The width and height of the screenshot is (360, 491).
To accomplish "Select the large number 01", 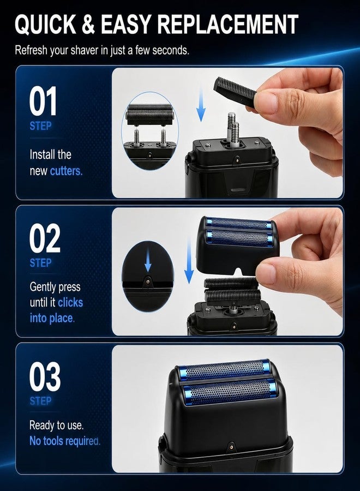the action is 43,101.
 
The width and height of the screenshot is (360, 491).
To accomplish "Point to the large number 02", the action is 44,238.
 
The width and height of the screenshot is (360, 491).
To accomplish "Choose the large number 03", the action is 45,376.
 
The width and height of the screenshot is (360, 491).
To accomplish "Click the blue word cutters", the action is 66,171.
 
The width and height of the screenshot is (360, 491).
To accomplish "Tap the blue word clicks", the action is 70,302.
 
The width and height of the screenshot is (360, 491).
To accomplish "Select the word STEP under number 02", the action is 40,263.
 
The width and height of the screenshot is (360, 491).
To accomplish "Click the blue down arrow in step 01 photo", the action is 201,104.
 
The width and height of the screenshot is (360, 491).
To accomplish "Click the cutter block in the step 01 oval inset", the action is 150,115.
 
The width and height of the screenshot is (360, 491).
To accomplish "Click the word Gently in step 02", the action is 41,287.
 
